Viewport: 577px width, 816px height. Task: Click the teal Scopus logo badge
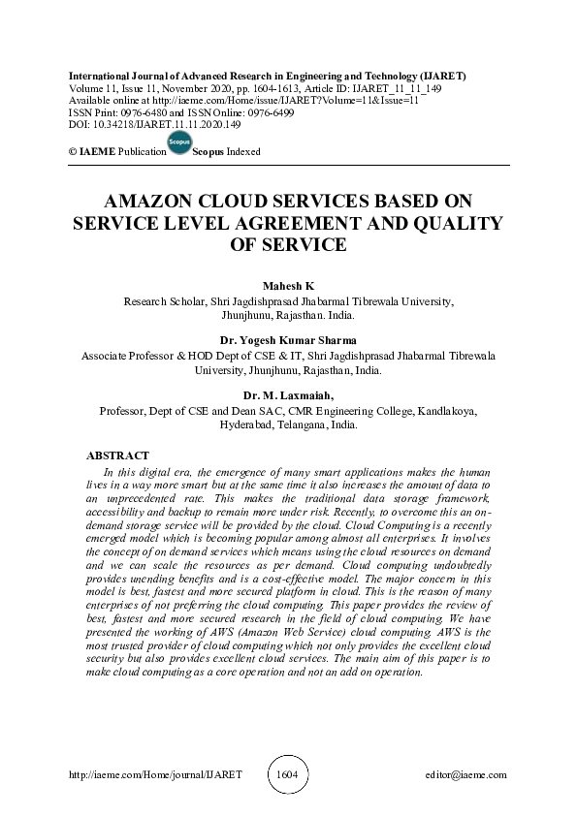coord(179,142)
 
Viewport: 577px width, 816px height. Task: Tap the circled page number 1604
coord(288,775)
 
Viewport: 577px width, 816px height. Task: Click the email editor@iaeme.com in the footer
coord(465,775)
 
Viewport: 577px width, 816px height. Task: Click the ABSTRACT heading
coord(117,455)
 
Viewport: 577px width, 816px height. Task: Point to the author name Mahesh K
coord(288,287)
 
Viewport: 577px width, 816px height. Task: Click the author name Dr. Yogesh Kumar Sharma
coord(288,341)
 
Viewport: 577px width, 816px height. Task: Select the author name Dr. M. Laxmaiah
coord(288,395)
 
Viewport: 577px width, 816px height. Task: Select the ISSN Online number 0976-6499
coord(270,112)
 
